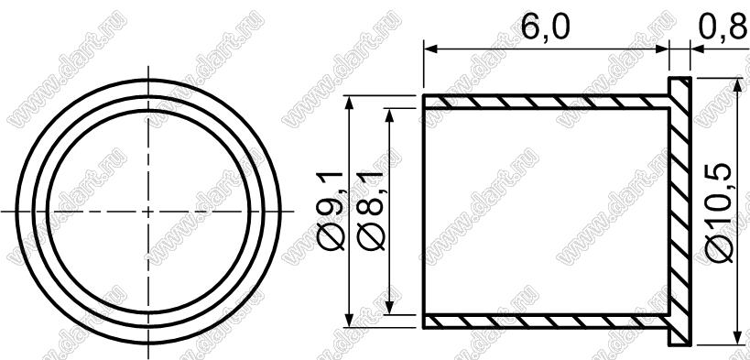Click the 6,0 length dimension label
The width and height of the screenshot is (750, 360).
click(x=545, y=27)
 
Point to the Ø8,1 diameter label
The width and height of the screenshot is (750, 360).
click(x=372, y=210)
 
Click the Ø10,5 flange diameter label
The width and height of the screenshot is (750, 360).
click(x=719, y=213)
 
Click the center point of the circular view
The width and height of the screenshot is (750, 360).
click(x=148, y=211)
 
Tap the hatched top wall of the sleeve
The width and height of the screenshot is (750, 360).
click(x=545, y=102)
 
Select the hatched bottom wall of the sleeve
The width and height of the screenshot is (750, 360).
click(x=545, y=322)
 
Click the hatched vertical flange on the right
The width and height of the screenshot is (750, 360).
click(x=679, y=211)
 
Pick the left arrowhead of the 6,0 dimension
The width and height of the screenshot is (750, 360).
click(x=430, y=49)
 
